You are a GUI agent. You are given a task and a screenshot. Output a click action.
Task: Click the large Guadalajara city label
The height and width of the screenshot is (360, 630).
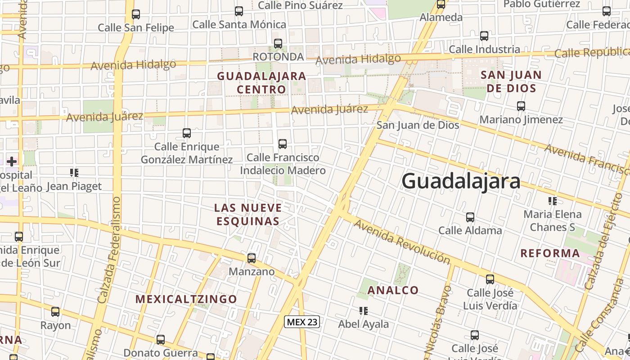[461, 181]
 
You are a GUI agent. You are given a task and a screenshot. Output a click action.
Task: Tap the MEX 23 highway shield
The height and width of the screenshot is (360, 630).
[302, 322]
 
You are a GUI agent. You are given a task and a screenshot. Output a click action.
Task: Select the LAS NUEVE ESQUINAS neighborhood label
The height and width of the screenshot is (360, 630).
[248, 215]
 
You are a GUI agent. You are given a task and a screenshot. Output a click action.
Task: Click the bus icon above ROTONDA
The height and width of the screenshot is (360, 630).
[278, 44]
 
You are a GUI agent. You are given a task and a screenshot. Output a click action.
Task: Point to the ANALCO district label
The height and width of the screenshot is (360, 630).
[393, 290]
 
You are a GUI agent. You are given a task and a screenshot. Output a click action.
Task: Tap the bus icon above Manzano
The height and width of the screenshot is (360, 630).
[252, 258]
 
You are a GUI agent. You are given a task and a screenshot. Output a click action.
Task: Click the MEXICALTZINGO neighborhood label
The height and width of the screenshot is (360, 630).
[186, 299]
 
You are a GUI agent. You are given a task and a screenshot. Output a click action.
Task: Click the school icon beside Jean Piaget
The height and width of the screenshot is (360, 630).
[74, 173]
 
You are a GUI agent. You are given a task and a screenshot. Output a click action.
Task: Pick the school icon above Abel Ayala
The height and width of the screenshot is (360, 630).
[364, 310]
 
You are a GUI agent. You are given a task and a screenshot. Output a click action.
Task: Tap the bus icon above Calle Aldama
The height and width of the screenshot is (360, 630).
[470, 217]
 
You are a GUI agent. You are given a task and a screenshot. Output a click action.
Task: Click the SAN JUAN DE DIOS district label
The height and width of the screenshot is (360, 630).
[511, 81]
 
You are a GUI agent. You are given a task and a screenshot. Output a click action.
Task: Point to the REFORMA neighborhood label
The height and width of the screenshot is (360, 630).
[550, 253]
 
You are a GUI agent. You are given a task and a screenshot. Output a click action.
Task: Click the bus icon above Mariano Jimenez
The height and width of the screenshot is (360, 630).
[521, 106]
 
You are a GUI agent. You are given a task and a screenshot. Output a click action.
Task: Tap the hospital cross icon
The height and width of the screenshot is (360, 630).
[12, 162]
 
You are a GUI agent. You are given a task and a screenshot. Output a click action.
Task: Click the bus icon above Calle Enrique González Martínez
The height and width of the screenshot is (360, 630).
[187, 133]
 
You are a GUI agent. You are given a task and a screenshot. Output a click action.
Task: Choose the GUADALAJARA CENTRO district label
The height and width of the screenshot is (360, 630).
[261, 83]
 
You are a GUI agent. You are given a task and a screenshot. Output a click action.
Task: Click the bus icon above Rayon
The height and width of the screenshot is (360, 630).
[55, 312]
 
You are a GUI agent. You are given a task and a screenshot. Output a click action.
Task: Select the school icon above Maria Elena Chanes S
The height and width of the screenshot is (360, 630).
[552, 201]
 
